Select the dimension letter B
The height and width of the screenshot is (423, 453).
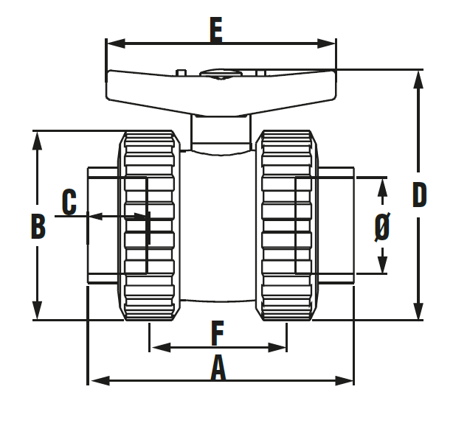[x=38, y=226]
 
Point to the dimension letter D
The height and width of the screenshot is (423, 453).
[x=419, y=195]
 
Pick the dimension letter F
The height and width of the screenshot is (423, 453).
[x=217, y=334]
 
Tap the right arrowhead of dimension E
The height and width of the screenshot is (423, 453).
[x=331, y=43]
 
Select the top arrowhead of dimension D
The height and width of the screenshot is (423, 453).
[x=419, y=75]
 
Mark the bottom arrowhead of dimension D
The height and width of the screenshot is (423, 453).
[x=419, y=314]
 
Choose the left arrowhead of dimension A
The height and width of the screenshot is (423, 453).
[x=94, y=380]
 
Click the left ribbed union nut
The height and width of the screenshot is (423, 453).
[x=150, y=225]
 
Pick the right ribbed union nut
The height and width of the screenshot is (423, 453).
[x=288, y=225]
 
